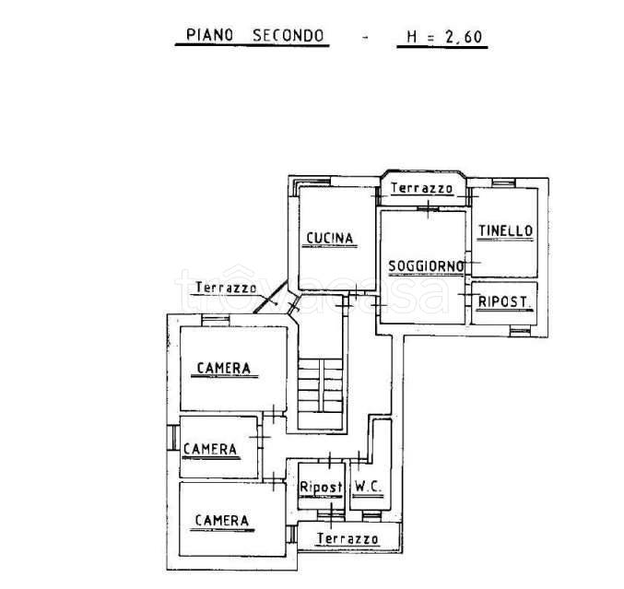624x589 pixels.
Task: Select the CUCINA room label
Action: (x=330, y=239)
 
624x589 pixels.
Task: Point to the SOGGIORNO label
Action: (x=425, y=266)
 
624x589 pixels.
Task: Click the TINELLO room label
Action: (x=504, y=231)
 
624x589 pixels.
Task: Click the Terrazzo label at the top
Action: (x=421, y=188)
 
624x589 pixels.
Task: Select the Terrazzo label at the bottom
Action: (x=347, y=537)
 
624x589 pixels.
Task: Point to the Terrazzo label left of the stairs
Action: (x=226, y=288)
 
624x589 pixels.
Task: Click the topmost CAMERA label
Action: (x=223, y=369)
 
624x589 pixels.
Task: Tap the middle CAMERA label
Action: (x=210, y=449)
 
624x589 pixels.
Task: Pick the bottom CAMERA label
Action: (x=221, y=521)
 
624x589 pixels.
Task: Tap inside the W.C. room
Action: (x=368, y=470)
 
